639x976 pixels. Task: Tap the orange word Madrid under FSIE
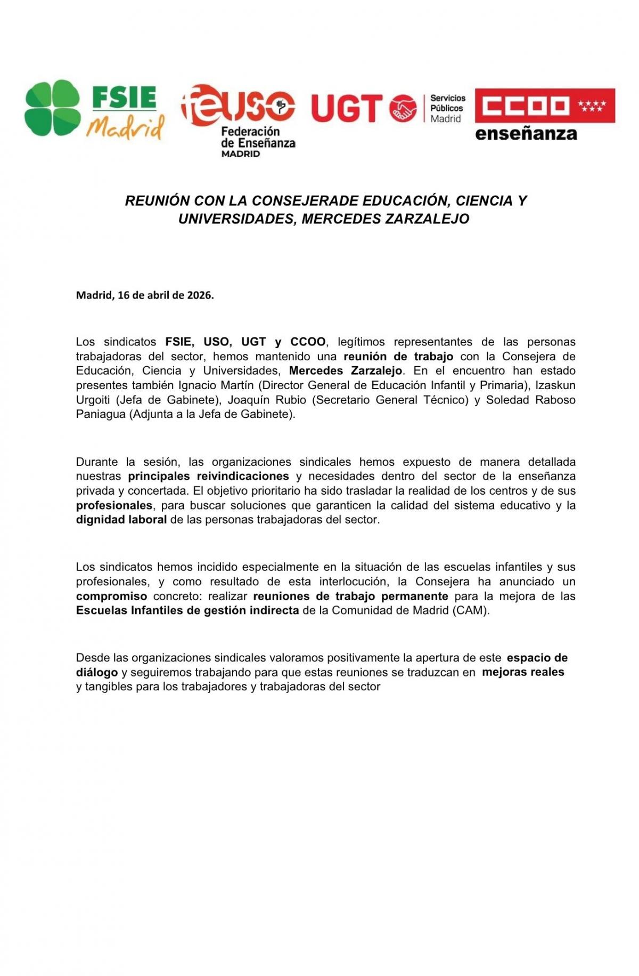click(x=126, y=127)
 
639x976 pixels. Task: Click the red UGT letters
click(x=347, y=108)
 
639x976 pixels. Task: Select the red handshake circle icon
click(x=403, y=108)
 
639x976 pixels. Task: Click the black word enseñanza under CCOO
click(x=526, y=133)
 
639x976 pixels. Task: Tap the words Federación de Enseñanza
click(x=258, y=137)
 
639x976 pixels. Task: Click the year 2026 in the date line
click(x=200, y=295)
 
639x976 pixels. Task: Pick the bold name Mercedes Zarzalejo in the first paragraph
click(x=345, y=370)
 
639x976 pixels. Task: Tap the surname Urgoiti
click(x=93, y=400)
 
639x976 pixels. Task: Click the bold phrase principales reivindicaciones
click(x=208, y=476)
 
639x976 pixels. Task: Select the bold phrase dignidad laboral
click(x=121, y=520)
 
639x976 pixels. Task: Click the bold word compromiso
click(x=111, y=596)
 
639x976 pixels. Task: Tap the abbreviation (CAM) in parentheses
click(x=471, y=610)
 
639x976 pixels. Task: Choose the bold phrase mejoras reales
click(x=523, y=672)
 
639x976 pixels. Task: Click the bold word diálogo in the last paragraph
click(x=96, y=672)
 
